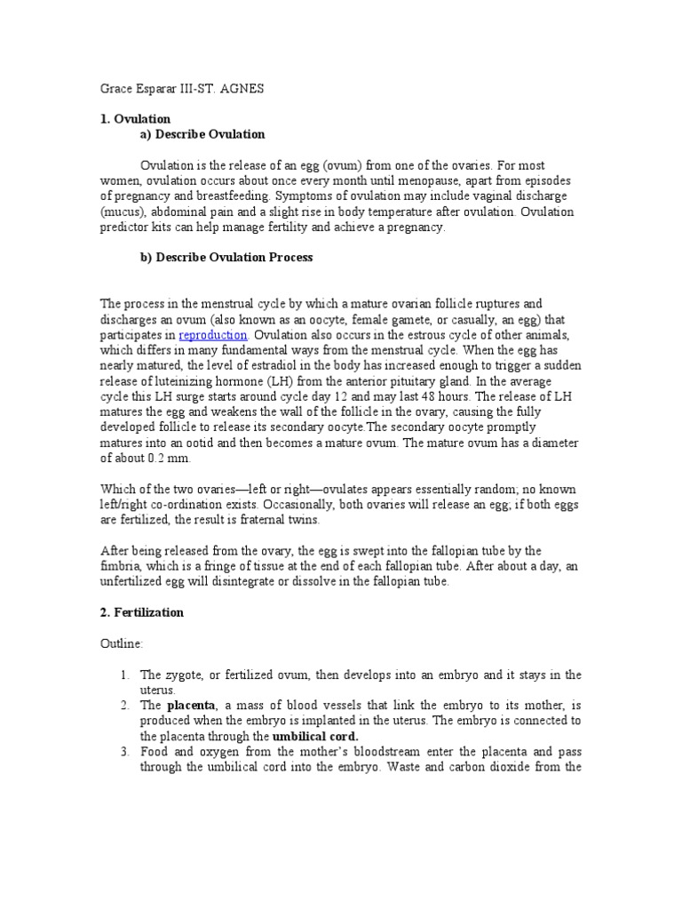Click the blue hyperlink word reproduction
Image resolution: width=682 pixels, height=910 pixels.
(x=212, y=335)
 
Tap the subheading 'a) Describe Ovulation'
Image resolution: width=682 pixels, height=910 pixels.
(x=202, y=134)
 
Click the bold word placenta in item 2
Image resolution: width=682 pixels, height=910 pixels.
(x=191, y=706)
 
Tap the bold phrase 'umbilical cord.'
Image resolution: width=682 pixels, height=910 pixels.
(x=316, y=737)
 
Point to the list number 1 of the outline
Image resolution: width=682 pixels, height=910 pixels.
(x=124, y=675)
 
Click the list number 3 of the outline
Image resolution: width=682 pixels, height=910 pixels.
(x=124, y=752)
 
